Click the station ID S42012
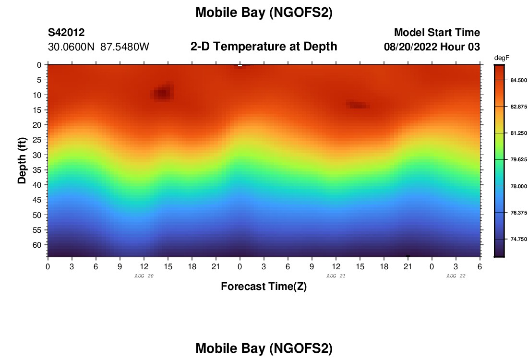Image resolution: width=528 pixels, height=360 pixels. click(x=66, y=33)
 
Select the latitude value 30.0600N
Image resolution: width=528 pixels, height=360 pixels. click(x=72, y=47)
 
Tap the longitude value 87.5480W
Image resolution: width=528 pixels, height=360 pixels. click(x=125, y=47)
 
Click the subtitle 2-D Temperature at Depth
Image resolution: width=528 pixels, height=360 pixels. click(x=264, y=47)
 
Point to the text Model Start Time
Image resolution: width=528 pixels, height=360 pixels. click(x=437, y=33)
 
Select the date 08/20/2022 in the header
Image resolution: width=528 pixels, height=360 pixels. click(x=411, y=47)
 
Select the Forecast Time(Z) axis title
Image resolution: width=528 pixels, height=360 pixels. click(x=264, y=287)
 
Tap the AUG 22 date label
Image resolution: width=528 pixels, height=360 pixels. click(x=456, y=276)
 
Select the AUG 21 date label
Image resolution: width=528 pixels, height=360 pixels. click(x=336, y=276)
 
